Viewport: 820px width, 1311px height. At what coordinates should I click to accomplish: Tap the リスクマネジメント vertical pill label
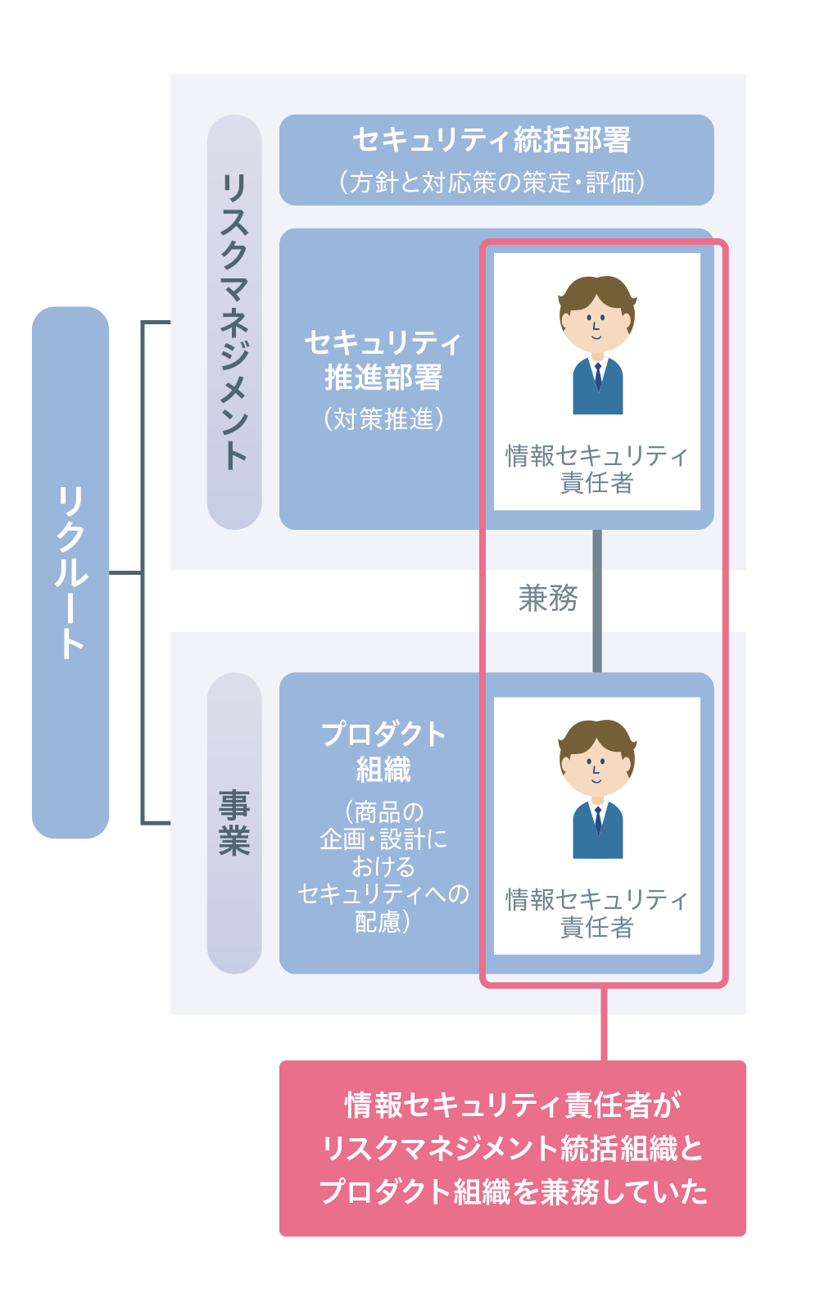click(x=234, y=321)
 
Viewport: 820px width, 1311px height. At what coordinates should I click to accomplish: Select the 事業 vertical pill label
click(x=234, y=822)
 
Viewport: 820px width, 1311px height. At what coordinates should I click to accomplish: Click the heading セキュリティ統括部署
click(x=492, y=140)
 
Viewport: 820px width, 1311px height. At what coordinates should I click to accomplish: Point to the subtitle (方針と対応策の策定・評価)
click(x=492, y=182)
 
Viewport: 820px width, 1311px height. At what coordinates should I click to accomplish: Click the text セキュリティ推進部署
click(x=383, y=360)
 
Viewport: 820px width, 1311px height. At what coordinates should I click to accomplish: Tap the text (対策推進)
click(x=383, y=418)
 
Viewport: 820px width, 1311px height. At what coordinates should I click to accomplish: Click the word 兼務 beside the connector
click(x=548, y=599)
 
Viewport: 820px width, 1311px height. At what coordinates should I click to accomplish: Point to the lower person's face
click(x=596, y=770)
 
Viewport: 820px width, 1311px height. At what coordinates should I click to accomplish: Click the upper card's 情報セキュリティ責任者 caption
click(x=596, y=469)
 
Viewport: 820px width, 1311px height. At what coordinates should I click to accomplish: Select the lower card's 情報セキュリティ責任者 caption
click(x=596, y=913)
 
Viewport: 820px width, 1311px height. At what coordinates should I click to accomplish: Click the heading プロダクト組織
click(x=383, y=752)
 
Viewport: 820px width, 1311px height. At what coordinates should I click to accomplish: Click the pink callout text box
click(x=512, y=1148)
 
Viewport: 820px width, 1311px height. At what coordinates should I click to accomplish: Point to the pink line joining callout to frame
click(x=604, y=1024)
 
